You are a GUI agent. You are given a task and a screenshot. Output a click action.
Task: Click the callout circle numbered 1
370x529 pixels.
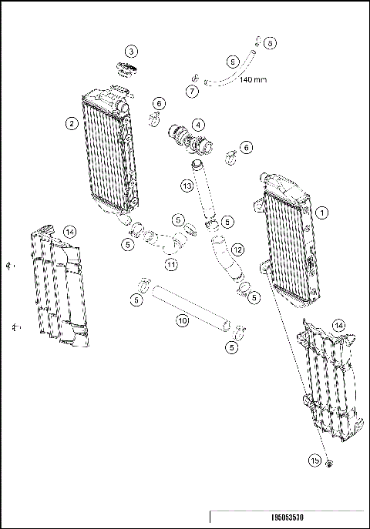[x=322, y=211]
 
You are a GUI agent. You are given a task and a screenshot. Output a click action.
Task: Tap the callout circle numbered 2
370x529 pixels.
[x=71, y=122]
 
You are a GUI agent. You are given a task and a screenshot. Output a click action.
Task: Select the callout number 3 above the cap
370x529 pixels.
[x=132, y=52]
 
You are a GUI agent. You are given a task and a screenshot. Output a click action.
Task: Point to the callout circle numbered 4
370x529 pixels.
[x=198, y=124]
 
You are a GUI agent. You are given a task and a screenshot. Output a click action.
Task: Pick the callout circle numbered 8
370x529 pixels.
[x=270, y=43]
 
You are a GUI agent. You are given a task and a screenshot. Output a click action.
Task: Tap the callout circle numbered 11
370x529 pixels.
[x=171, y=264]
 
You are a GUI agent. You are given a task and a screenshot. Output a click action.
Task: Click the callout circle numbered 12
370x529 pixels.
[x=237, y=249]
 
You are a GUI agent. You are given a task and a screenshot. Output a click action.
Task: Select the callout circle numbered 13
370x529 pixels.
[x=187, y=186]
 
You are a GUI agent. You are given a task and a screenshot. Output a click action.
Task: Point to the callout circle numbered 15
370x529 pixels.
[x=314, y=460]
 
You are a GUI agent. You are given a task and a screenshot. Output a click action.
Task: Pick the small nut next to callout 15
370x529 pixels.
[x=329, y=463]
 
